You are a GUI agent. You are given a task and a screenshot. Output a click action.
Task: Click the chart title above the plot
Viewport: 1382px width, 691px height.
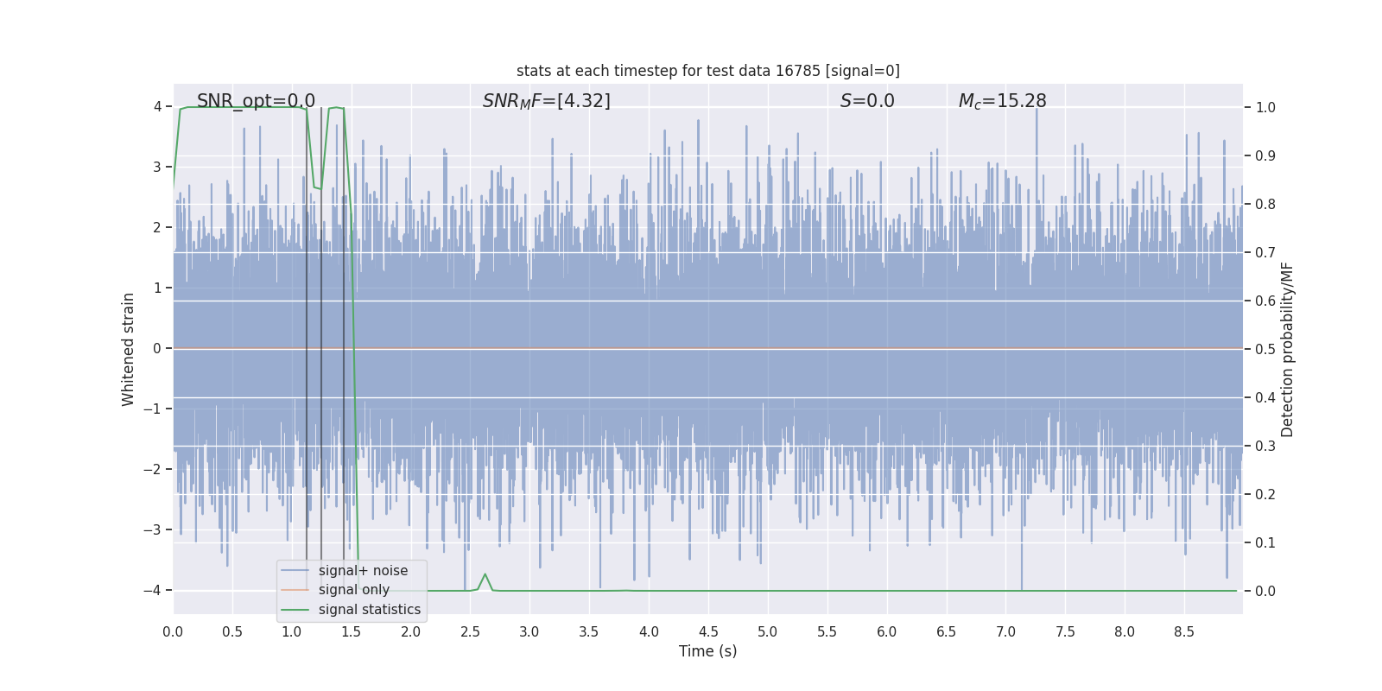[707, 71]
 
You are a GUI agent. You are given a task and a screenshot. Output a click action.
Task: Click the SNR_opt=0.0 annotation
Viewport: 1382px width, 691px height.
[256, 101]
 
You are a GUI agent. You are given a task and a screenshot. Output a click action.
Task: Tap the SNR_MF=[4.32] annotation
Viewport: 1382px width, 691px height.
[546, 101]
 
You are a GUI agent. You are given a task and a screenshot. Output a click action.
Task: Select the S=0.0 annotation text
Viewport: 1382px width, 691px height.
[867, 101]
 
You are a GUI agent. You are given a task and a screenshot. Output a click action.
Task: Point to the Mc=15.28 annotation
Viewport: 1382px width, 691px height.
[1002, 101]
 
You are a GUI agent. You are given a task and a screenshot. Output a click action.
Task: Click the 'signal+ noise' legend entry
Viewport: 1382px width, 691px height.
[363, 571]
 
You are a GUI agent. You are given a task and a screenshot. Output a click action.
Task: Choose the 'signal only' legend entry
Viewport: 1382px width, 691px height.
[353, 590]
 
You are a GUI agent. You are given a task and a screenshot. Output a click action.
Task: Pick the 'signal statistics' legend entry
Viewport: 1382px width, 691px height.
[369, 610]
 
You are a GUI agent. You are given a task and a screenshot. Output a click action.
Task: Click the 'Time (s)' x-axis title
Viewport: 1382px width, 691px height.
[707, 651]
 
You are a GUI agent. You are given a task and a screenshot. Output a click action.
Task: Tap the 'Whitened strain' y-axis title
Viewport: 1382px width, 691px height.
[129, 349]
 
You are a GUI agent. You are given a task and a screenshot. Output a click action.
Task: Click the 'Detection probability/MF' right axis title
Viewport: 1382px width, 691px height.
[1287, 349]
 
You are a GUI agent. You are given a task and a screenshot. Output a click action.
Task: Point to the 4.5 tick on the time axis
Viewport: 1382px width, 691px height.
[708, 632]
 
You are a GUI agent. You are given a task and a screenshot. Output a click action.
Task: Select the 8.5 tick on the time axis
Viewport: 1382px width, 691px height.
[1184, 632]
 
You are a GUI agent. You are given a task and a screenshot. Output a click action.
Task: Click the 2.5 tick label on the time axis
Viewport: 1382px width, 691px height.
[470, 632]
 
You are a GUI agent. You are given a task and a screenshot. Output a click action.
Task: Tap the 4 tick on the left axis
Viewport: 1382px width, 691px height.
[157, 107]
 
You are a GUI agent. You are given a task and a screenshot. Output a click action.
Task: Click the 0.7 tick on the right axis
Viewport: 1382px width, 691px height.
[1265, 253]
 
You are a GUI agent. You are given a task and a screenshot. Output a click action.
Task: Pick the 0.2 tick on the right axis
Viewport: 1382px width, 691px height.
[1265, 495]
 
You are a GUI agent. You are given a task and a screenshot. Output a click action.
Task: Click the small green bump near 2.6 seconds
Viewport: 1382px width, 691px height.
[485, 575]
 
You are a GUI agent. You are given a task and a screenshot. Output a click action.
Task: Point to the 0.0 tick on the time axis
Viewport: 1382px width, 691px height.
[173, 632]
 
